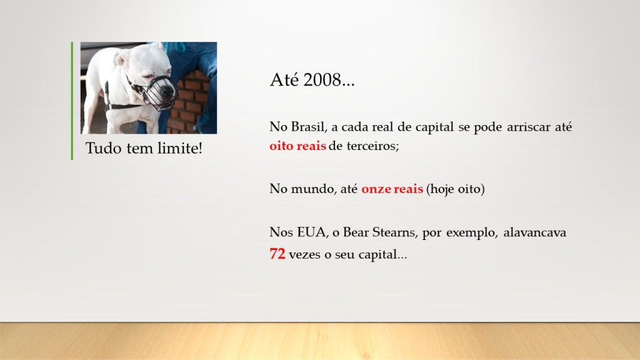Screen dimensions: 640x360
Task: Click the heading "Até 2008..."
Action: (x=312, y=79)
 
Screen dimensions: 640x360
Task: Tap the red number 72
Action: (x=277, y=254)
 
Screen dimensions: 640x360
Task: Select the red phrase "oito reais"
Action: (x=297, y=146)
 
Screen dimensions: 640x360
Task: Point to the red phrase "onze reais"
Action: (x=392, y=189)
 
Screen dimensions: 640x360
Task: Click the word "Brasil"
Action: (x=309, y=127)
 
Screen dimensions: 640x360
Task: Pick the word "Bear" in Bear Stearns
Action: (x=356, y=232)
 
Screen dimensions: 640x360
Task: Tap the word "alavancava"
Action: (x=535, y=232)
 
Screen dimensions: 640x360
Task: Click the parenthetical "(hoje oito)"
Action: (x=455, y=189)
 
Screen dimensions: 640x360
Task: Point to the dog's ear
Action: (x=121, y=60)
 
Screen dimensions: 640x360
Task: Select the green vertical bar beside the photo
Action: (x=72, y=101)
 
